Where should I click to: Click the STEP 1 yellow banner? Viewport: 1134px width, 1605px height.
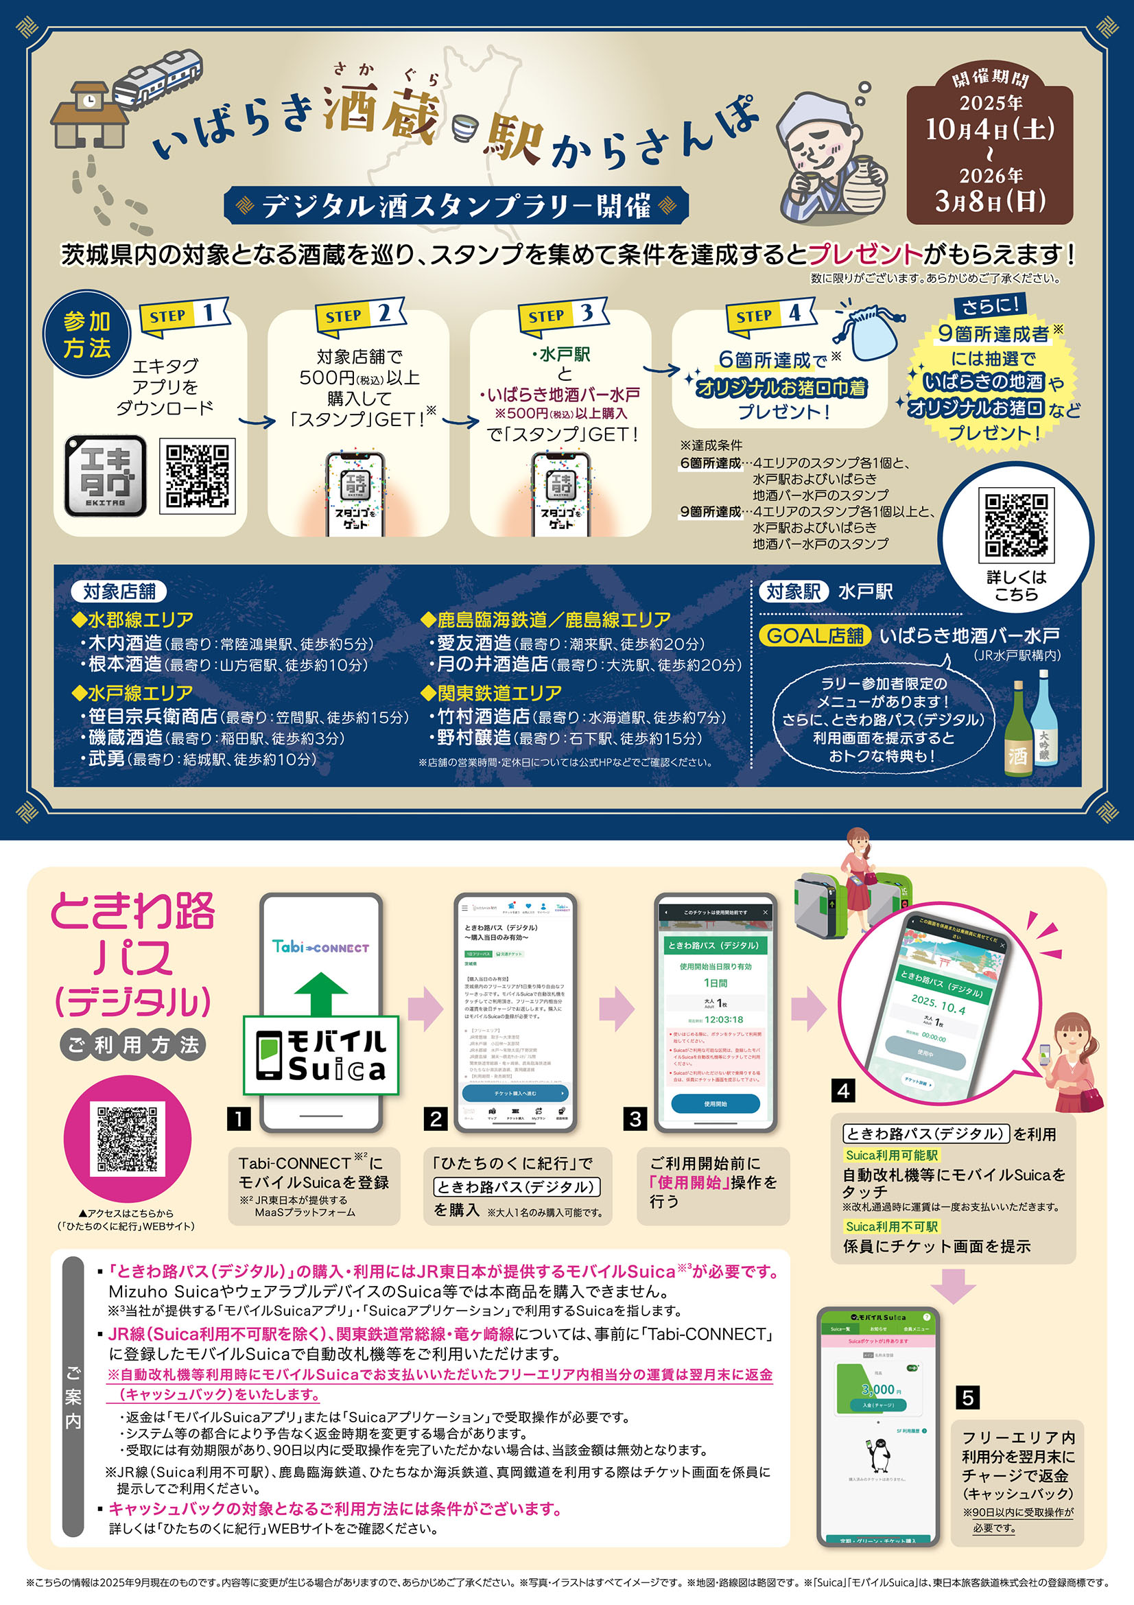[183, 316]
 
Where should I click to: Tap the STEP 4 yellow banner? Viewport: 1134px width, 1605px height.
[769, 316]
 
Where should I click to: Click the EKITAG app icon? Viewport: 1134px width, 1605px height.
[106, 476]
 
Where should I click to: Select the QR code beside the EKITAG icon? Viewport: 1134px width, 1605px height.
[197, 476]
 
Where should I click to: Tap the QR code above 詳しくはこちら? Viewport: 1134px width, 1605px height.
[1016, 525]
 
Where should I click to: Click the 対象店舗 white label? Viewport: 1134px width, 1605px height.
[119, 591]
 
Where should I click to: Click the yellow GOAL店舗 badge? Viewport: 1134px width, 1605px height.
[815, 635]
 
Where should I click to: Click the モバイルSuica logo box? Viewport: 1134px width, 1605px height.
[320, 1055]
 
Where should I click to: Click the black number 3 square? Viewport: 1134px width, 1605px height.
[635, 1119]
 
